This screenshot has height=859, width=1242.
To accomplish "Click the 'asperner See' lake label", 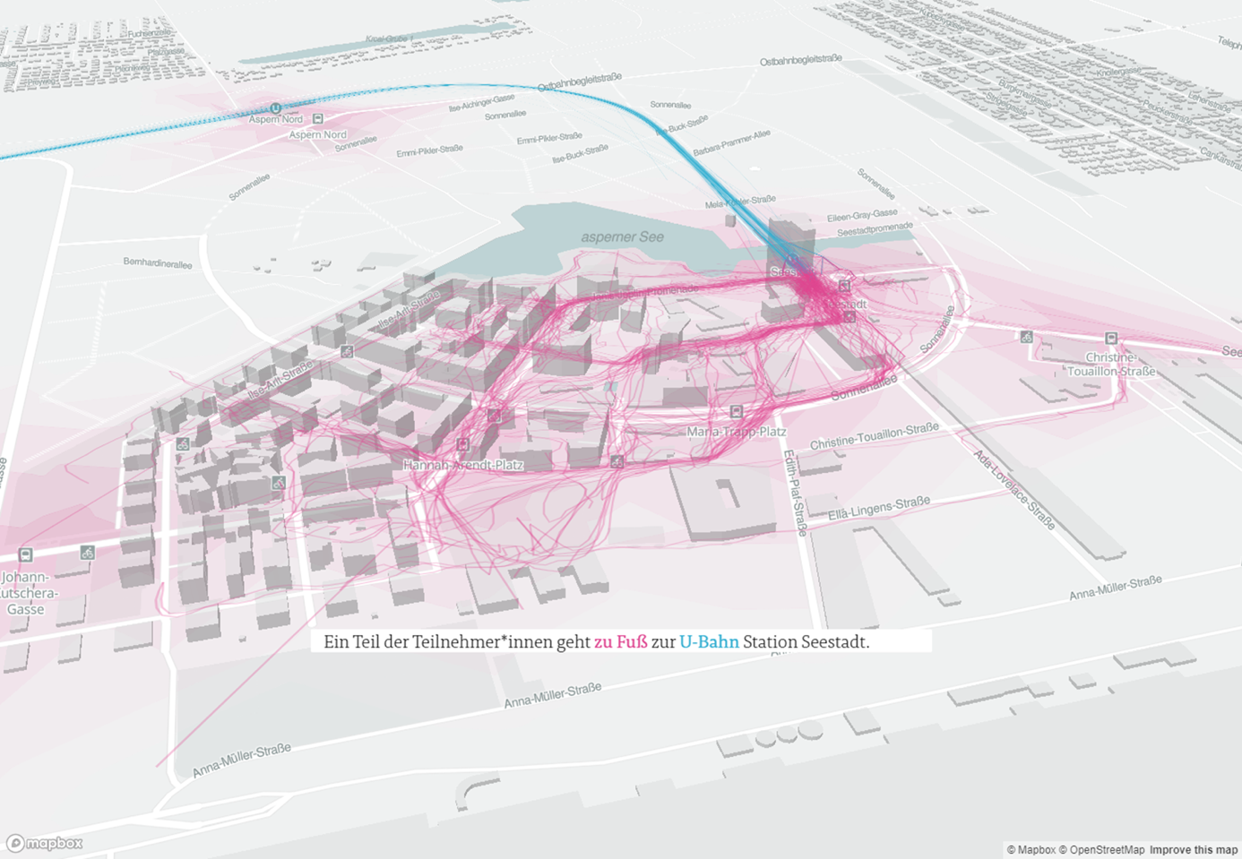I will pos(622,237).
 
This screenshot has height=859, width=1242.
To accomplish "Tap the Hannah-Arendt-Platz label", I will pos(462,465).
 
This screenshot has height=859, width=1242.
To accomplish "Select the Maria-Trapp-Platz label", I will pos(736,432).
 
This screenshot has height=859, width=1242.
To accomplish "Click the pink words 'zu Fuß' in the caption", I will pos(620,642).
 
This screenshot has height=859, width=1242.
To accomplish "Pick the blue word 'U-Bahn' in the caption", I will pos(709,642).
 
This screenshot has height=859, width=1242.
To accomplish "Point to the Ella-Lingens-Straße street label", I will pos(879,508).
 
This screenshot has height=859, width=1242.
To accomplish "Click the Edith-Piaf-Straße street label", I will pos(795,492).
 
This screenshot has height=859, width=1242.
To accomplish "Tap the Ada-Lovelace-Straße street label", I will pos(1014,488).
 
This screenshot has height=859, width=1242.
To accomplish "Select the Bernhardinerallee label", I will pos(158,264).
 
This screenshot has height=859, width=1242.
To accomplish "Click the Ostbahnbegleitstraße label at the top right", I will pos(800,60).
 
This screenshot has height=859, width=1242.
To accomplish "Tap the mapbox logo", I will pos(45,843).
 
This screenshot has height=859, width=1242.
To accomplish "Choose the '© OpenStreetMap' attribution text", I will pos(1101,850).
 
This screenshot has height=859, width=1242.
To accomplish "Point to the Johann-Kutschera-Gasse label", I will pos(26,593).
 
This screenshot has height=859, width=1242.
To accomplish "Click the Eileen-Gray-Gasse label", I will pos(861,216).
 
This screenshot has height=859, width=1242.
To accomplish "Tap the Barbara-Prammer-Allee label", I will pos(731,142).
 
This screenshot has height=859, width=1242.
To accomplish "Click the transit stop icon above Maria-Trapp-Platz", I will pos(736,412).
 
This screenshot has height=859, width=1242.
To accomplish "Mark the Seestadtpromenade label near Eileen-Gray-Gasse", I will pos(875,229).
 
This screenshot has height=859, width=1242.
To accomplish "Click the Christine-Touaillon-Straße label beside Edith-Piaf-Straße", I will pos(874,436).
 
